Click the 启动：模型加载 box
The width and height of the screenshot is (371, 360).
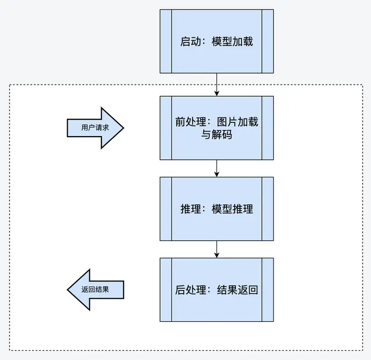pos(217,41)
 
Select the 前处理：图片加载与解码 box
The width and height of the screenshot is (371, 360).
pos(217,128)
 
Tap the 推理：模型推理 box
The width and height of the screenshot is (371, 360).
pos(217,209)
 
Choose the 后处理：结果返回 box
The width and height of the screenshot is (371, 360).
pos(217,290)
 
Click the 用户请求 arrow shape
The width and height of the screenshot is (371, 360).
pos(95,128)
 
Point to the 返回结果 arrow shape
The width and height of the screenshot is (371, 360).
pos(95,290)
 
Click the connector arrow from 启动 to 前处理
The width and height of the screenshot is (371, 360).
pos(217,85)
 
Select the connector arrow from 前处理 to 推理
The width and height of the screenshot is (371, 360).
pos(217,169)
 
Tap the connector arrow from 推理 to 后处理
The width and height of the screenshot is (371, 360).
pos(217,249)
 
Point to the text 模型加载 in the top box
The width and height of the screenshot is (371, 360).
pos(233,41)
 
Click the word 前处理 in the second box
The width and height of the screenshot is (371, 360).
pos(190,122)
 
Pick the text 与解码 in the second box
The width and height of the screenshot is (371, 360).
pos(217,135)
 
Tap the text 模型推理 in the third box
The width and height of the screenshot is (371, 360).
pos(233,209)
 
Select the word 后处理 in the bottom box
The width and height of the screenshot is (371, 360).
pos(190,290)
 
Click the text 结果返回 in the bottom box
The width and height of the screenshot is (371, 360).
pos(238,290)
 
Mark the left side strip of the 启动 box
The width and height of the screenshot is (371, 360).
pos(166,41)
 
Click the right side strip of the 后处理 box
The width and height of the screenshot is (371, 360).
pos(267,290)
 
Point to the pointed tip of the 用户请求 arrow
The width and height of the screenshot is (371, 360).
pos(123,128)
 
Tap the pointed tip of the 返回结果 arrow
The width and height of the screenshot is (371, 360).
pos(68,290)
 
